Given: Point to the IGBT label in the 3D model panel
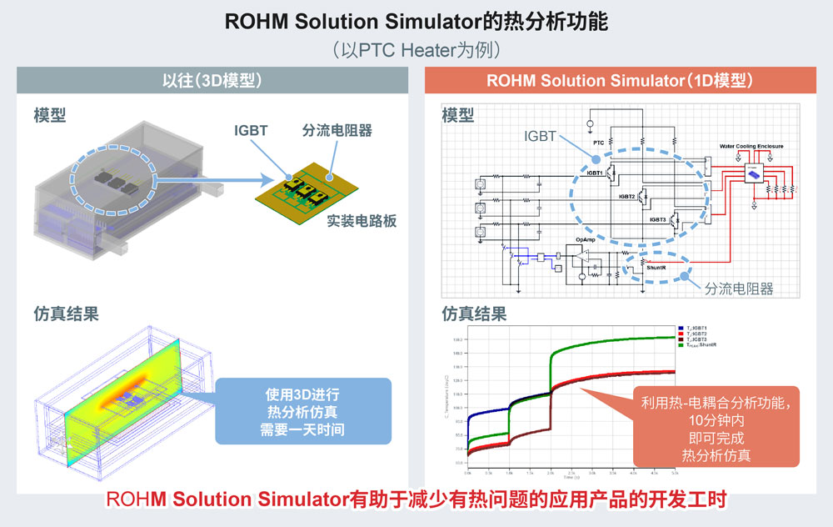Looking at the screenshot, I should coord(252,130).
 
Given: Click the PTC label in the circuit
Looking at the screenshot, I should coord(598,143).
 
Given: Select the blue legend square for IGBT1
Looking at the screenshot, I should coord(681,328).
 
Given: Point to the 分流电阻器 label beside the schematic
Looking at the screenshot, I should coord(739,289).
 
